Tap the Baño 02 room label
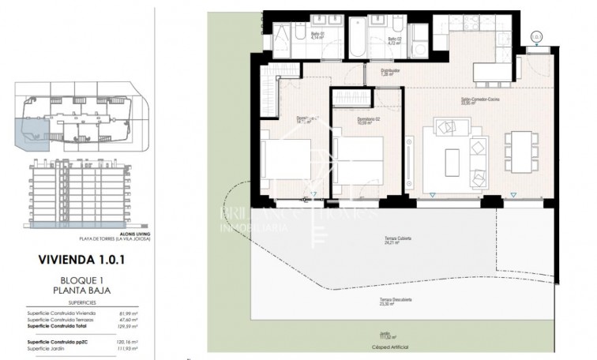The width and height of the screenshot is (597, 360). (x=395, y=38)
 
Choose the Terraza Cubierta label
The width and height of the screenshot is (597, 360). (x=398, y=240)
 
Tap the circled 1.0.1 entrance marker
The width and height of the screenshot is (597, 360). (x=537, y=36)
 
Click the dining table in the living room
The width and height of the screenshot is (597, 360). (x=518, y=151)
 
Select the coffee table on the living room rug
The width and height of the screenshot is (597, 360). (x=452, y=162)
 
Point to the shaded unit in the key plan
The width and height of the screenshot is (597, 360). (x=34, y=134)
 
